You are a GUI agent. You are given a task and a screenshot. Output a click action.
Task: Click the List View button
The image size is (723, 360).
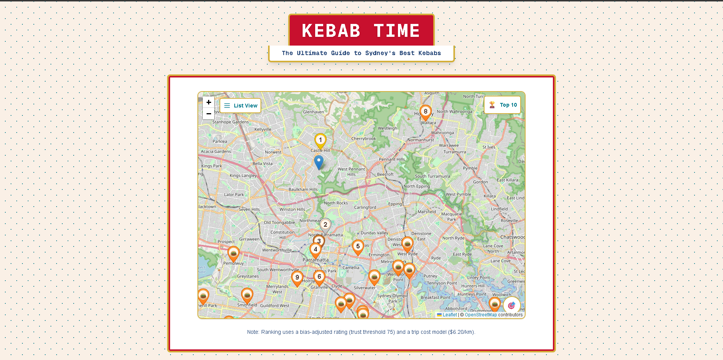click(240, 106)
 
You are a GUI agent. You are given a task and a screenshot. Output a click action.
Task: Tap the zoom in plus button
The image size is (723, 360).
click(208, 102)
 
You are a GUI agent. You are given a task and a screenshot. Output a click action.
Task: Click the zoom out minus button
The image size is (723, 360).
click(208, 114)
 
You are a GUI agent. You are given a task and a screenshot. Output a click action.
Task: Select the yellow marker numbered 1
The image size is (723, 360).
click(320, 141)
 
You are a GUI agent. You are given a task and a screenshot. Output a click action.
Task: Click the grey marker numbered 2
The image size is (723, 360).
click(325, 225)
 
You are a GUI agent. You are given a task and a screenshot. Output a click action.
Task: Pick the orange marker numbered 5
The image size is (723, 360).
click(358, 247)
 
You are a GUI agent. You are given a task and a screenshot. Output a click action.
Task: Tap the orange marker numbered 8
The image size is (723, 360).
click(425, 112)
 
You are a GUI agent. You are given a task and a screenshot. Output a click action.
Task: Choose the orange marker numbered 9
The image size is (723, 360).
click(297, 278)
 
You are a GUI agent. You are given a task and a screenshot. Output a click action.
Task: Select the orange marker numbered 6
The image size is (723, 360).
click(319, 277)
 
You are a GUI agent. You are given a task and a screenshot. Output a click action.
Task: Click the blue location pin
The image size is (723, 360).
click(319, 161)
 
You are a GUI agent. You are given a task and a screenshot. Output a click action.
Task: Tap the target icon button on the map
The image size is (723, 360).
click(511, 305)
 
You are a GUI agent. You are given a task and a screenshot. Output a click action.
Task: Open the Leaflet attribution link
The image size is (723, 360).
click(450, 315)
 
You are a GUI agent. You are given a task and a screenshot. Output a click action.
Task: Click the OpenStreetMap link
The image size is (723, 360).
click(480, 315)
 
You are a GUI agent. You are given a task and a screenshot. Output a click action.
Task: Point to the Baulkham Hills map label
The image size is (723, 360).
click(303, 189)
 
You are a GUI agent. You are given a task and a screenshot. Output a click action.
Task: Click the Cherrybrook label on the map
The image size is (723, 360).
click(363, 139)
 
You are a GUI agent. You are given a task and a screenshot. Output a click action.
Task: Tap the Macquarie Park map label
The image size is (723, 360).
click(451, 216)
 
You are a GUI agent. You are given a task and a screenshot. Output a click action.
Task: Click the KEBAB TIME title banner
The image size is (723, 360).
click(361, 30)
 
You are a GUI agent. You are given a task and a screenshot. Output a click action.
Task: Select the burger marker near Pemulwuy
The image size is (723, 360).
click(234, 253)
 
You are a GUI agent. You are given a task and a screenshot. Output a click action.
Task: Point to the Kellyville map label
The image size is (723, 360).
click(263, 129)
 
